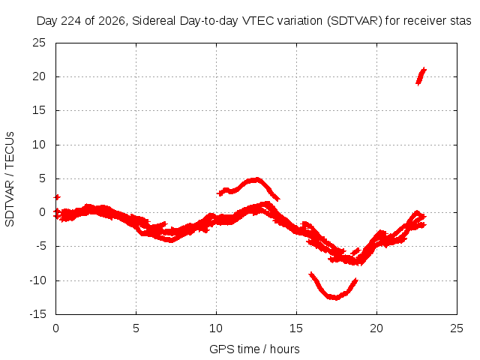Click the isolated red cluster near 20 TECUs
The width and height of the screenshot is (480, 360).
coord(421,76)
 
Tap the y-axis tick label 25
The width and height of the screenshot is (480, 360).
coord(39,43)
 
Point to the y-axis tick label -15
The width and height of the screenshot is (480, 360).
coord(37,314)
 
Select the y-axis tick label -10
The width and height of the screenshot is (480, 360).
coord(37,280)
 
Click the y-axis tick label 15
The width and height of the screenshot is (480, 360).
coord(39,110)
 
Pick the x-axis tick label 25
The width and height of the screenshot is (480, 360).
coord(457,328)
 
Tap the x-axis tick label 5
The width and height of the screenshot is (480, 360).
coord(136,328)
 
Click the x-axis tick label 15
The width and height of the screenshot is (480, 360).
coord(296,328)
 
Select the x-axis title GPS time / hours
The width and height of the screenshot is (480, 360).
coord(254,349)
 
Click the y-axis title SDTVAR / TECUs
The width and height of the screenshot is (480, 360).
coord(10,179)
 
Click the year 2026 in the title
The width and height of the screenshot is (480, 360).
coord(113,21)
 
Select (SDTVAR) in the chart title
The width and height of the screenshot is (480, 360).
coord(355,21)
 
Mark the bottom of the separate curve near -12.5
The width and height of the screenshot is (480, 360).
coord(335,298)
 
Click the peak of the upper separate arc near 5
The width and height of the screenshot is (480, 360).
coord(256,179)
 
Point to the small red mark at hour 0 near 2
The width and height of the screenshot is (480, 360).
coord(57,197)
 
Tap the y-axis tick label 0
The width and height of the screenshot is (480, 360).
coord(42,212)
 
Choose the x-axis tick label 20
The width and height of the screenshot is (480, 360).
coord(376,328)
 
